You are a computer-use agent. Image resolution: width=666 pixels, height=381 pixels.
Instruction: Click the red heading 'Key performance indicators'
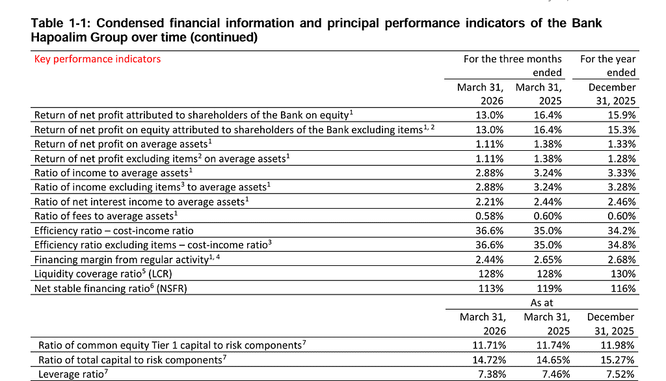[x=98, y=59]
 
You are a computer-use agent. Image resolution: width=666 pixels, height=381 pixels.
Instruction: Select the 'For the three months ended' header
[x=513, y=66]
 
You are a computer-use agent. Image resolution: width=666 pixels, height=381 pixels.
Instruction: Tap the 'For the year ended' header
[x=608, y=66]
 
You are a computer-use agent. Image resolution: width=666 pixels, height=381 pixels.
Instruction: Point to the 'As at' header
[x=542, y=303]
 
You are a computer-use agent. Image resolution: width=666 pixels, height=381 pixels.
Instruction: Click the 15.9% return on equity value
[x=621, y=115]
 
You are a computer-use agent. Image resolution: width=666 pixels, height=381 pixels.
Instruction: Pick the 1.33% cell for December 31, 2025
[x=621, y=144]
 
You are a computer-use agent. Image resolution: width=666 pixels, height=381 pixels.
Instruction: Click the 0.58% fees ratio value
[x=489, y=217]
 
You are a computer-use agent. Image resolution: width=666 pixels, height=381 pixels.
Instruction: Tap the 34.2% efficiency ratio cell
[x=621, y=231]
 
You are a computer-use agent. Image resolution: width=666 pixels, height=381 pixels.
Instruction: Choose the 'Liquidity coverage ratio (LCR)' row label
[x=103, y=274]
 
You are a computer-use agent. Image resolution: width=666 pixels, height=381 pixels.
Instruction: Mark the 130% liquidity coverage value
[x=623, y=274]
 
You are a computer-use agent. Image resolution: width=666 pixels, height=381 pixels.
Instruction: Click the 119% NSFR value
[x=549, y=289]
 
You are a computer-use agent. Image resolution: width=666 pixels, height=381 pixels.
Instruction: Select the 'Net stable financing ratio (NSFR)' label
[x=111, y=289]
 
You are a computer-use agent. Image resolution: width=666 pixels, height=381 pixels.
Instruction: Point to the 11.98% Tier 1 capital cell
[x=618, y=345]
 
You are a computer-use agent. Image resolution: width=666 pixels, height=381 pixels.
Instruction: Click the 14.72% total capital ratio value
[x=489, y=360]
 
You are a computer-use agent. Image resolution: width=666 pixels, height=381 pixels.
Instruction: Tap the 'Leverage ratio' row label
[x=73, y=374]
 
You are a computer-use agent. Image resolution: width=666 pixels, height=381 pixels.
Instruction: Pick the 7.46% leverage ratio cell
[x=555, y=374]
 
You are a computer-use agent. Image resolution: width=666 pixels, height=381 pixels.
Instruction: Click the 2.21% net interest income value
[x=489, y=202]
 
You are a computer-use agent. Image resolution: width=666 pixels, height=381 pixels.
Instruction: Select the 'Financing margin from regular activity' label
[x=127, y=259]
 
